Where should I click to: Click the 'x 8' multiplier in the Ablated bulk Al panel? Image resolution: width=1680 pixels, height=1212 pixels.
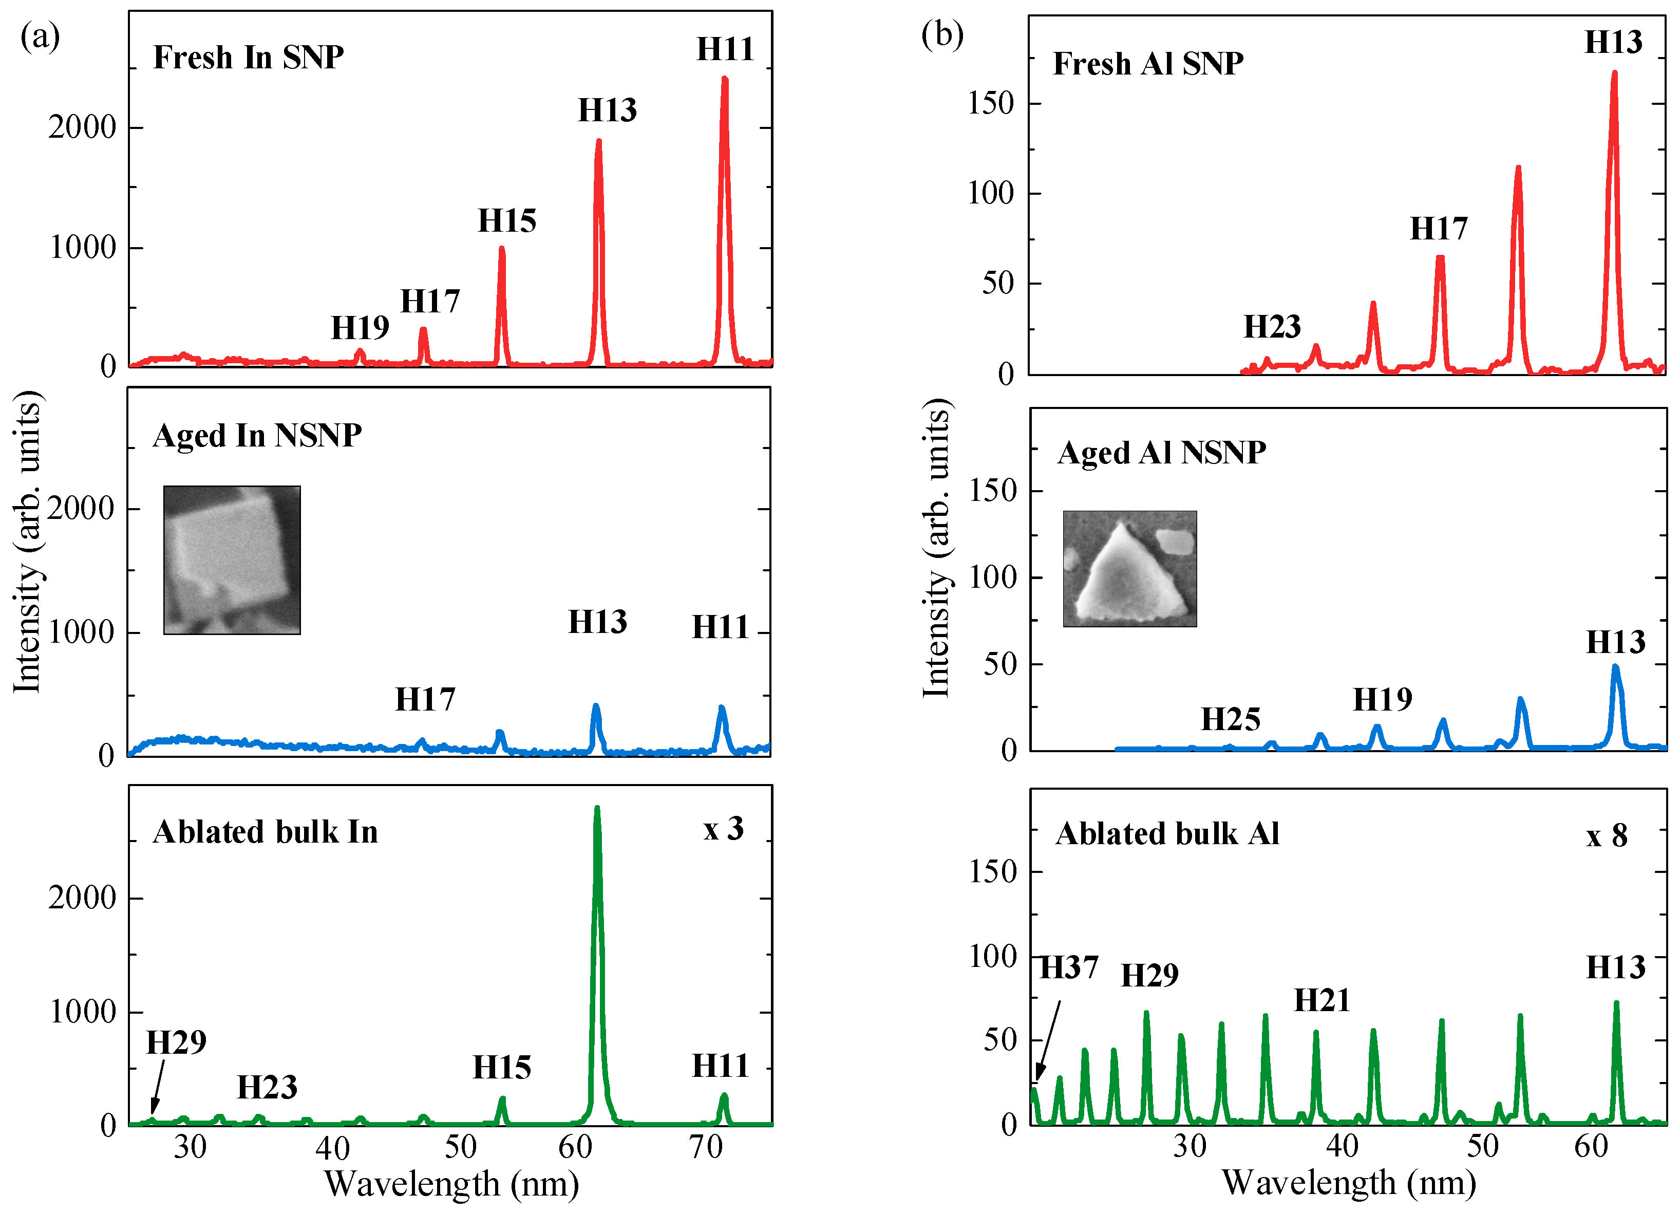click(1607, 835)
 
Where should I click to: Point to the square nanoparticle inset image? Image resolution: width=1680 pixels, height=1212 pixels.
click(232, 560)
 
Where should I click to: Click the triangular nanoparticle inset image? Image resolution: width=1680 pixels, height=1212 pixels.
click(1129, 568)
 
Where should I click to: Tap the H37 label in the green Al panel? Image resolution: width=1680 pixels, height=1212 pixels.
click(1068, 967)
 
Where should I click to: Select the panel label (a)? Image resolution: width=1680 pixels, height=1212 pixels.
click(40, 35)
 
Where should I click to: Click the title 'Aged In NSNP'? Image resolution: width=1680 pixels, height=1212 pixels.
click(257, 436)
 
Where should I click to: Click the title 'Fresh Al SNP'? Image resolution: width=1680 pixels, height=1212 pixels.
click(1147, 64)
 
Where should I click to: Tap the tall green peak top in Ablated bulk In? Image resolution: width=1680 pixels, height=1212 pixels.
click(597, 810)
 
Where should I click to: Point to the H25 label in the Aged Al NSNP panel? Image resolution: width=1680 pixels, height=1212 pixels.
click(1231, 719)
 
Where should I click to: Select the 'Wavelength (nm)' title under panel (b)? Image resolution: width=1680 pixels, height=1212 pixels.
click(1348, 1182)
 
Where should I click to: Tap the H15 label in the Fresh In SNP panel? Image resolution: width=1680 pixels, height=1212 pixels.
click(506, 221)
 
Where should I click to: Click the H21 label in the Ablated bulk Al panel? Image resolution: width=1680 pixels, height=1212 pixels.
click(1322, 1001)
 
